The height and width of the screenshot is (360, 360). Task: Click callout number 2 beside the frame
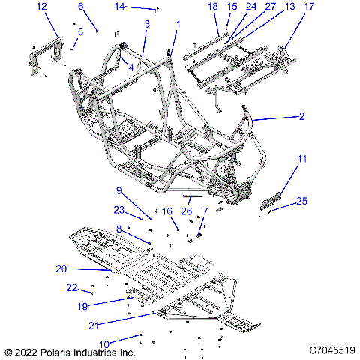301,116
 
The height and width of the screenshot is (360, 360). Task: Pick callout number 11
302,159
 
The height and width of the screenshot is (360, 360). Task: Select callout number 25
302,201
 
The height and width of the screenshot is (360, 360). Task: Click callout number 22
72,286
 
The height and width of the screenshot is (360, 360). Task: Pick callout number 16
166,211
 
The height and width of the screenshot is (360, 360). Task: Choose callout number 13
269,6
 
